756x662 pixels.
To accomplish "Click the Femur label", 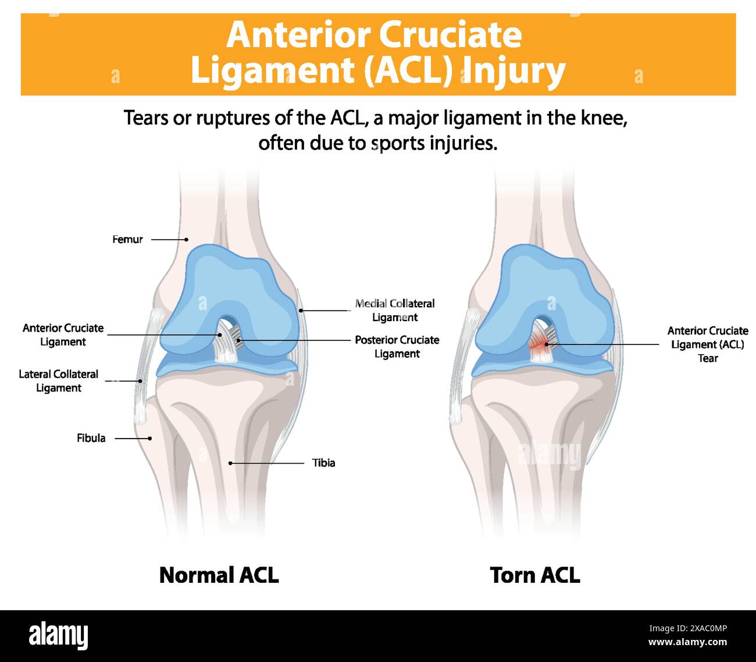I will (x=127, y=239).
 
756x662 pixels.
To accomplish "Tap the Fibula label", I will (x=91, y=438).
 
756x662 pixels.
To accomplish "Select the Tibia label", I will (x=323, y=463).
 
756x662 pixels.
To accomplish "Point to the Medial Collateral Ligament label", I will (x=395, y=310).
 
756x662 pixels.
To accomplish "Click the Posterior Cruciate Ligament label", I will (x=397, y=347).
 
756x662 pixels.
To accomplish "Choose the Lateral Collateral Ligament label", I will (x=58, y=381).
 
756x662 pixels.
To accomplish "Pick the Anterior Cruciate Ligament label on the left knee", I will (x=63, y=335).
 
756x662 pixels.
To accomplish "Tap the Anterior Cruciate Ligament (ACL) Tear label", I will (x=708, y=344).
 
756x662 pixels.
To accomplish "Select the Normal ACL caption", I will (x=219, y=575).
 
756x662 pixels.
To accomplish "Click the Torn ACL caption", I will (x=535, y=575).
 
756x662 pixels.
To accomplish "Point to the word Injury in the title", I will (x=514, y=71).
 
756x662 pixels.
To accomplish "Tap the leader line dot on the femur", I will (x=187, y=239).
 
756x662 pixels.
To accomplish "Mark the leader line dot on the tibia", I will (x=230, y=463).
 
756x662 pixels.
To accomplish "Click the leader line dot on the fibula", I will (x=150, y=438).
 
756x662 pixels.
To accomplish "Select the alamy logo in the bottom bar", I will (x=59, y=636).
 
